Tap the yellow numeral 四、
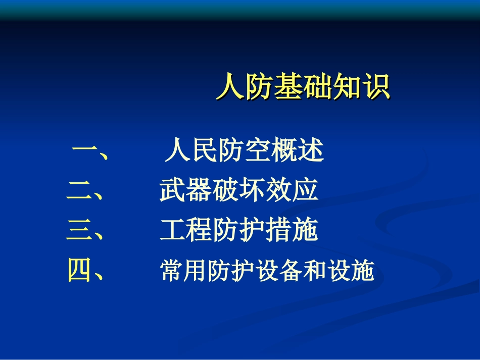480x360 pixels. click(x=86, y=271)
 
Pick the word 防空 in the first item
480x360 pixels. click(x=244, y=151)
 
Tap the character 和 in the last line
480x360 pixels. click(x=320, y=272)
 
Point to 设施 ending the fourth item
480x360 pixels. click(x=356, y=272)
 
